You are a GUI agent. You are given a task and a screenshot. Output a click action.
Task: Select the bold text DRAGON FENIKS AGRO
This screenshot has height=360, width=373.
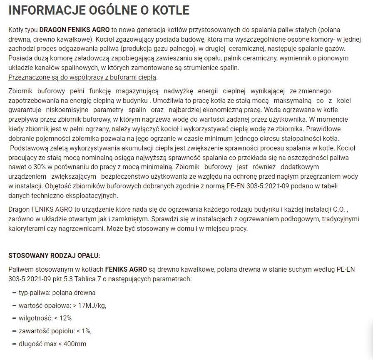pos(75,30)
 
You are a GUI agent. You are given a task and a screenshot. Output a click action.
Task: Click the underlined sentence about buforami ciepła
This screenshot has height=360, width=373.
pos(83,77)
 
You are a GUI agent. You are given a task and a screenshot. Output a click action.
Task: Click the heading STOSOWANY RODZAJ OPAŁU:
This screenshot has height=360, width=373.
pos(54,255)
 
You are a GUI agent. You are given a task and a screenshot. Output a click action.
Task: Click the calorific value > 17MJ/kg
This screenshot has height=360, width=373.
pos(90,305)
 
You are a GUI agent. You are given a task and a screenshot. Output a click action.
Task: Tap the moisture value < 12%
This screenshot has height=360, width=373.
pos(63,318)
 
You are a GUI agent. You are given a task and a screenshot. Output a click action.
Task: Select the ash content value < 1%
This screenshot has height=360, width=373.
pos(84,331)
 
